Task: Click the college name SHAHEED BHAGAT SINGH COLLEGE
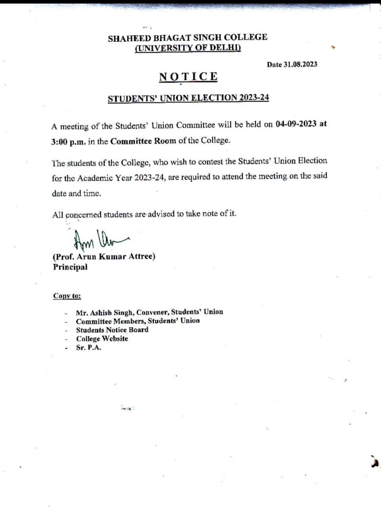point(188,38)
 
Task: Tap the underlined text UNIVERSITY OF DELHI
point(188,48)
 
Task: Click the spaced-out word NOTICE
point(188,76)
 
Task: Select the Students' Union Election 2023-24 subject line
point(188,98)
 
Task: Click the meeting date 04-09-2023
point(296,124)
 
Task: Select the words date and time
point(76,194)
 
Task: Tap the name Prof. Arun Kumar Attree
point(104,257)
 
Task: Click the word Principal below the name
point(70,267)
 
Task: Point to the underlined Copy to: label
point(67,296)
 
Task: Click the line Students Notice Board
point(112,330)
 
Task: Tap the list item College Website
point(102,339)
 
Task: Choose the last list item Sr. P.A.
point(89,348)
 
